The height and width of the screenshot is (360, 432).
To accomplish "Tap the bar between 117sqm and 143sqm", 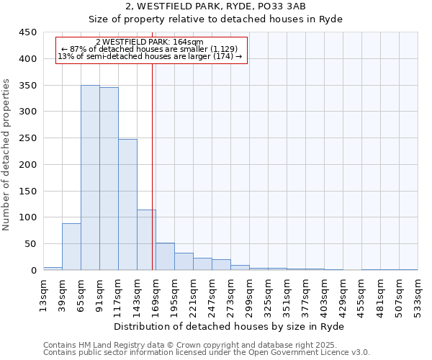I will click(127, 204).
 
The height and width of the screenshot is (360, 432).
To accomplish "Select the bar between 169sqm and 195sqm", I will click(165, 257).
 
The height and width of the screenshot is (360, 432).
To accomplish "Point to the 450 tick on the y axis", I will click(27, 32).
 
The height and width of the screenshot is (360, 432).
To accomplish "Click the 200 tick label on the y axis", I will click(27, 165).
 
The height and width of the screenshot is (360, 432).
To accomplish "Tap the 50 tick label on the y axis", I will click(30, 244).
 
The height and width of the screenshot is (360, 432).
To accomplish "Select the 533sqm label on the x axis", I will click(418, 294).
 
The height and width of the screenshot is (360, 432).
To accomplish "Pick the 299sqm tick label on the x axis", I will click(250, 294).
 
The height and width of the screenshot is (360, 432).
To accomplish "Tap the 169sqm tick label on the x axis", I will click(156, 294).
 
